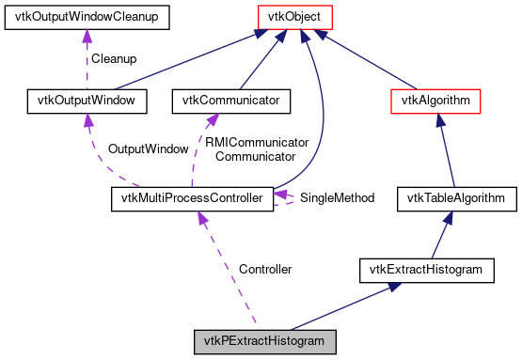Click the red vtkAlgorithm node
pos(435,98)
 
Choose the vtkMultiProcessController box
pos(192,197)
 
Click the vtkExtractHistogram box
pos(426,270)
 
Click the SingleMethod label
pos(339,198)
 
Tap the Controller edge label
pos(264,269)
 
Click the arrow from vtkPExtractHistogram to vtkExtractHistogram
pos(348,305)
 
